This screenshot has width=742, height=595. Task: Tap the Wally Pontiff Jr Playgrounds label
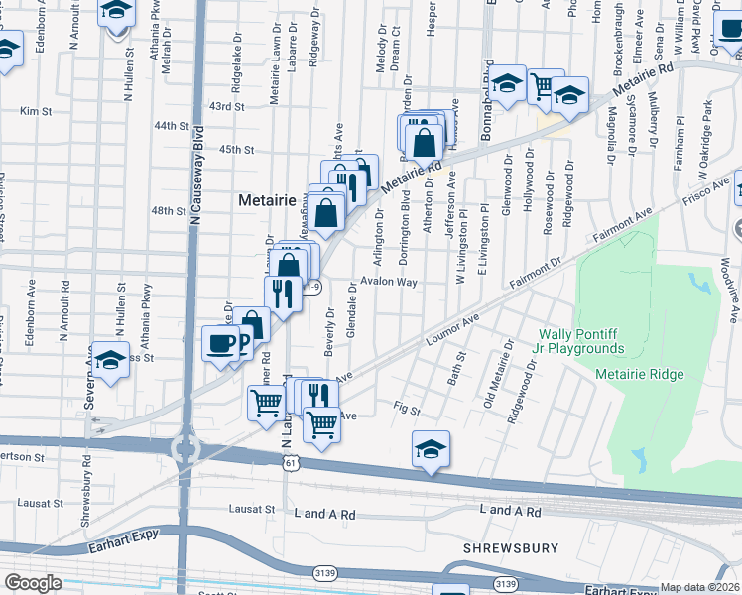581,341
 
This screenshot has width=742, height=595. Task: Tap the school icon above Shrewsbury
431,449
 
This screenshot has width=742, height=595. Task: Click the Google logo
33,583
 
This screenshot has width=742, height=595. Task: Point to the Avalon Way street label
389,282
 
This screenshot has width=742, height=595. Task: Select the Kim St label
35,112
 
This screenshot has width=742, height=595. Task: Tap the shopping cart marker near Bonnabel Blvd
543,87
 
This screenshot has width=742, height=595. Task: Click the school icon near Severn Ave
110,360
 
